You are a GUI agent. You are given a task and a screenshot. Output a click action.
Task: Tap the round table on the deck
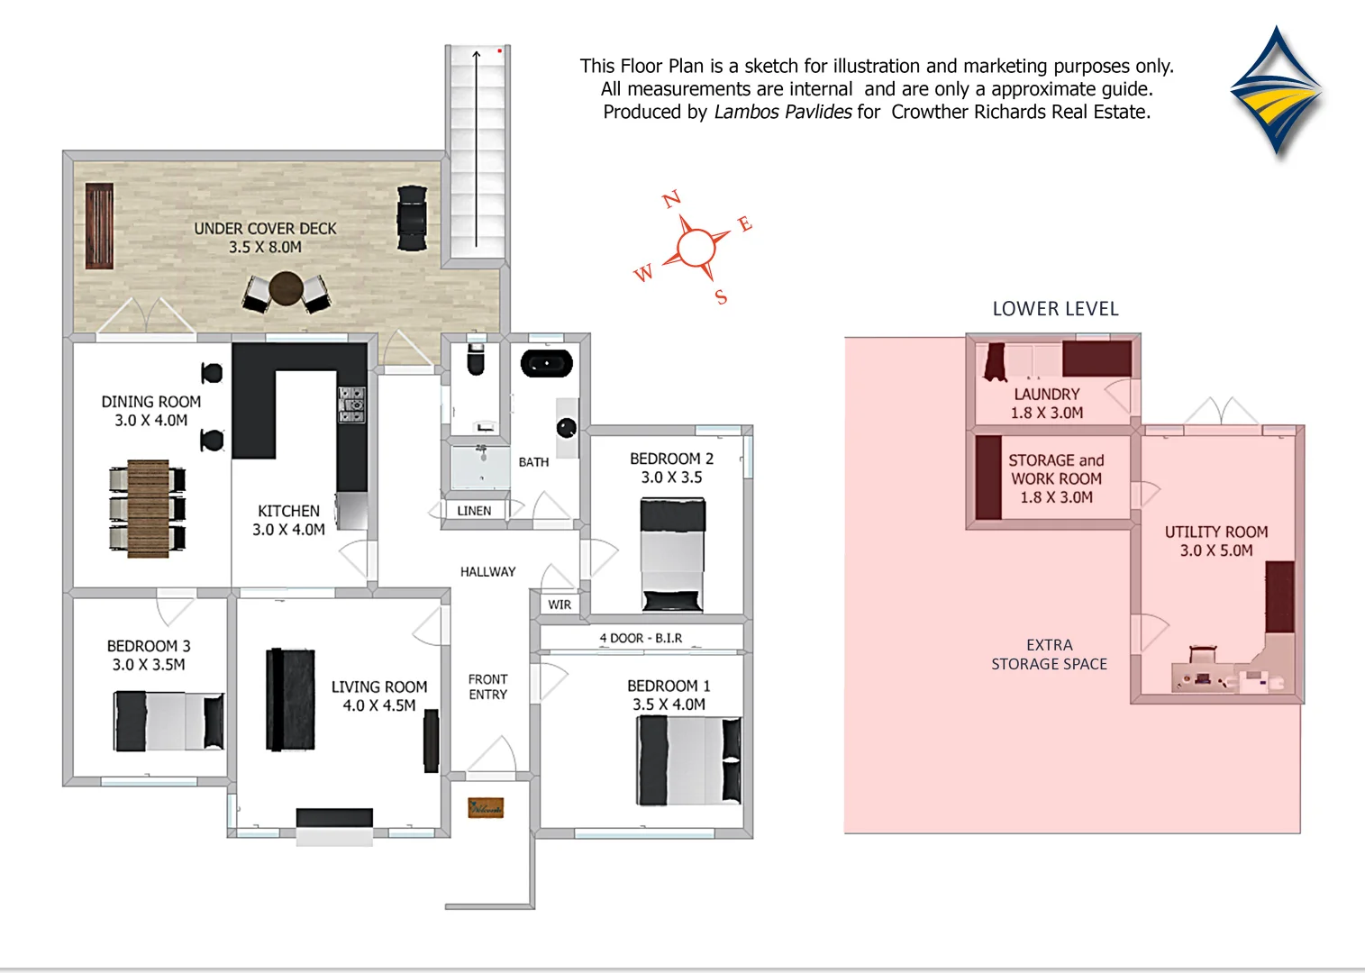[286, 288]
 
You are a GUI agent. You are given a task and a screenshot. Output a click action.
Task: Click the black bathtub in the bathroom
[547, 363]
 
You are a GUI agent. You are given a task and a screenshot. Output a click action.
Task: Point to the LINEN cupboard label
[474, 511]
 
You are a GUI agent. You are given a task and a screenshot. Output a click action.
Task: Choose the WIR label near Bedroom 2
[560, 605]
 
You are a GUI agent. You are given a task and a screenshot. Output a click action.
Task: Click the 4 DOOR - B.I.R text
[641, 638]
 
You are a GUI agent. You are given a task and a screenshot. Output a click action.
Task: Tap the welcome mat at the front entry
[486, 807]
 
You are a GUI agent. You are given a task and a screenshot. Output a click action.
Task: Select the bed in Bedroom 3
[168, 721]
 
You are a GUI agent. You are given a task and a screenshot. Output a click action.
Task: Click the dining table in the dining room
[148, 508]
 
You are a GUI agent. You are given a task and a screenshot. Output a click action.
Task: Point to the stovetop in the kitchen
[351, 405]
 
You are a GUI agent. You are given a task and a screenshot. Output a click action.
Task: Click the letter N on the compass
[671, 200]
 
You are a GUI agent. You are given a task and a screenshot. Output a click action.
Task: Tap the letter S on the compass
[721, 297]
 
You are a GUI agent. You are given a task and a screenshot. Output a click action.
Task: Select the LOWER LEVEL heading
[1055, 309]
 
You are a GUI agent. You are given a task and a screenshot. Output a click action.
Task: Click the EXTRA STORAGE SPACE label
[1049, 655]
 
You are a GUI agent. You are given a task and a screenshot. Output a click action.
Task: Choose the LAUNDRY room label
[1046, 395]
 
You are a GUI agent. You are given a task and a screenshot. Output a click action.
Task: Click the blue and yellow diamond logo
[1276, 93]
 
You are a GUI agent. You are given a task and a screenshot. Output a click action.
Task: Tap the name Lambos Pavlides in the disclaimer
[783, 112]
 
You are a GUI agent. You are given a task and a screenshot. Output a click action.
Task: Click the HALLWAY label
[487, 572]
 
